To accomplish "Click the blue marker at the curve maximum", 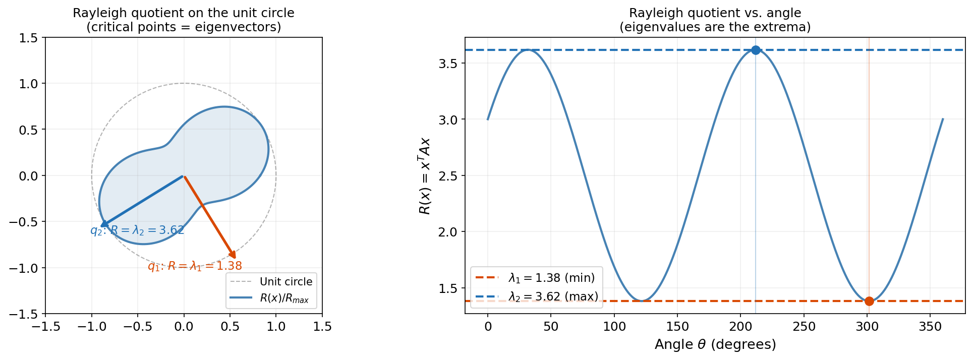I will (x=756, y=50).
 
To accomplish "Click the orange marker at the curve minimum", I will (x=869, y=301).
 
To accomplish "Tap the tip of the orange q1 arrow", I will (x=235, y=258).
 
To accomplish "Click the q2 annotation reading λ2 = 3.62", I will (x=137, y=230).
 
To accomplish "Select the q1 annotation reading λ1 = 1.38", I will (x=195, y=266).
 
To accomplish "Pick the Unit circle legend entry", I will (x=285, y=282).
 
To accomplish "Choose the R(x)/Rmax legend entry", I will (x=284, y=298).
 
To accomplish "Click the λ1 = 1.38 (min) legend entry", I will (x=551, y=278).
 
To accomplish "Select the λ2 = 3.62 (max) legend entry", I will (x=553, y=296).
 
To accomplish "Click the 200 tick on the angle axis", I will (x=740, y=327).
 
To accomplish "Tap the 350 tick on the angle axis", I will (x=930, y=327).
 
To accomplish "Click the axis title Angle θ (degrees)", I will (x=715, y=344).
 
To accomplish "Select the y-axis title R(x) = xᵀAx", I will (x=425, y=176).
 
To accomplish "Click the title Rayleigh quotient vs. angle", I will (x=715, y=13).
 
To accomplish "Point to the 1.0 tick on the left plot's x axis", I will (x=276, y=327).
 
